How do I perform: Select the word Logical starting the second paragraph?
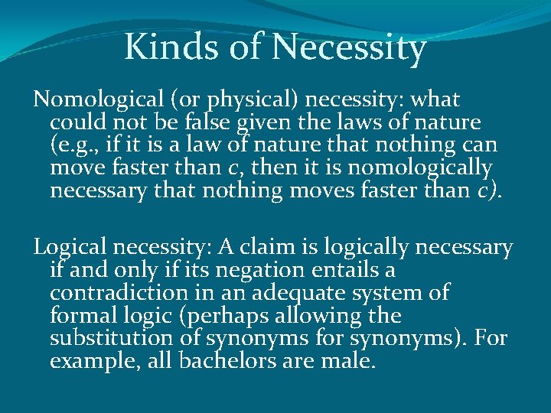coord(70,247)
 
